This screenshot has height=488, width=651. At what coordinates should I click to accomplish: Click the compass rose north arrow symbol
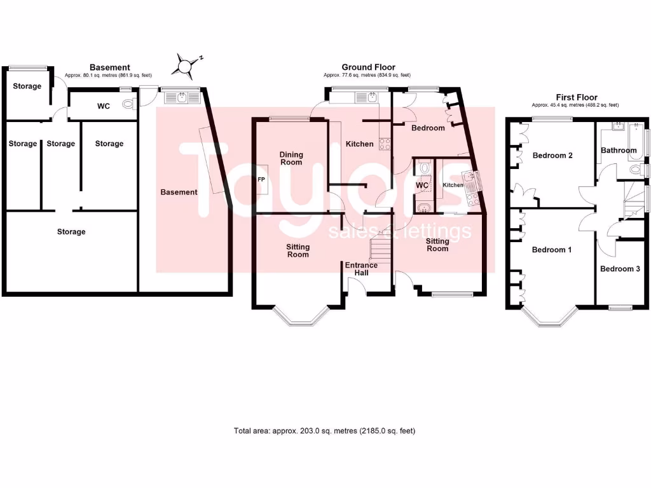point(185,64)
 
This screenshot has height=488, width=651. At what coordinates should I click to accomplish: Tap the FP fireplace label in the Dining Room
point(261,180)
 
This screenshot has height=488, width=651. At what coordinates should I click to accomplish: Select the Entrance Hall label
point(361,269)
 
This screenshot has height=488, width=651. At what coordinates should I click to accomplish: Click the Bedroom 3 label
point(620,269)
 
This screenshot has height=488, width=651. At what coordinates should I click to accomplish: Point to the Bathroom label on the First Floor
point(619,151)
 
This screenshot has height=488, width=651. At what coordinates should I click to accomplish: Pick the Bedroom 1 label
point(551,250)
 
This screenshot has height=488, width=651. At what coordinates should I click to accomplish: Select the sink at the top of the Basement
point(182,97)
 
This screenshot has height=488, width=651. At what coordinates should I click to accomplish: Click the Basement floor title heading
point(109,67)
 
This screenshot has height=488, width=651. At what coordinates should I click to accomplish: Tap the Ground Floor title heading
point(368,67)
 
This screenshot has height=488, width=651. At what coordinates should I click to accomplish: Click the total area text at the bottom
point(324,431)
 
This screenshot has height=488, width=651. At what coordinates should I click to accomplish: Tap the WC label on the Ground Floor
point(422,186)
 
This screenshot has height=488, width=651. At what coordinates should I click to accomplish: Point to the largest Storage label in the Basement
point(71,232)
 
